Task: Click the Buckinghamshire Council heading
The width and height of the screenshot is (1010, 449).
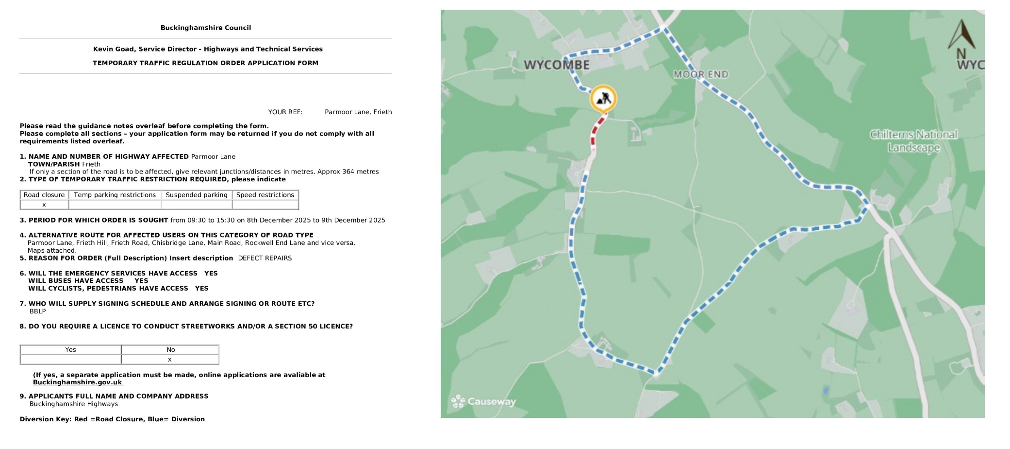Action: pos(206,28)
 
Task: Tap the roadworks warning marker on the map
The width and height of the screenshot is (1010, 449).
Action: pos(603,99)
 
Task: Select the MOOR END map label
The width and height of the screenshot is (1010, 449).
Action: pos(701,74)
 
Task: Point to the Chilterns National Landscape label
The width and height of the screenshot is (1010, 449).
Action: pos(913,141)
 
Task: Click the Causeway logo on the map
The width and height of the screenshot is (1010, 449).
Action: pos(483,401)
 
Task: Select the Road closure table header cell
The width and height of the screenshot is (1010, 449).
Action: pos(44,195)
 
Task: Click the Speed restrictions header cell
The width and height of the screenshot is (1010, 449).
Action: pos(265,195)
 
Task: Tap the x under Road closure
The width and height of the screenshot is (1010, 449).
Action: pos(44,205)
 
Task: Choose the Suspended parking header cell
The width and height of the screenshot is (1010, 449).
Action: pos(197,195)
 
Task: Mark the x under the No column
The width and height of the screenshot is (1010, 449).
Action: pos(170,360)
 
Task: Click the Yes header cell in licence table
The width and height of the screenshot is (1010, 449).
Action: pos(70,349)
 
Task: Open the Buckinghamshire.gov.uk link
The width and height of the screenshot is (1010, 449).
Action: pos(78,382)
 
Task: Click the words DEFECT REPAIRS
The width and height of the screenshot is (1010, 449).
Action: pos(265,258)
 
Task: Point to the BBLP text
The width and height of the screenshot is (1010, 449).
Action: pos(38,311)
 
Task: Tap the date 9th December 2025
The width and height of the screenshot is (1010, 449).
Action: pos(353,220)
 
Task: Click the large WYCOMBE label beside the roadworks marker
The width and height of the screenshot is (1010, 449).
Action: pos(557,65)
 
